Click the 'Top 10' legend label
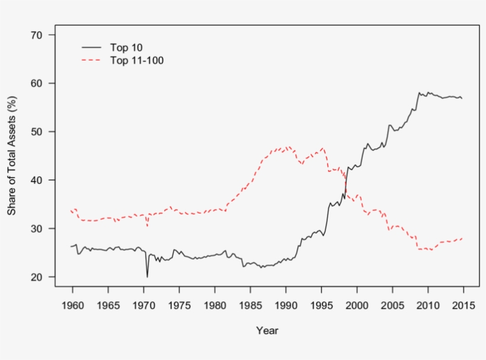(126, 47)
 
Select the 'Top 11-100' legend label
(136, 60)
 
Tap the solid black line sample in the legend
(92, 47)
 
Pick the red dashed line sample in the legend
(92, 60)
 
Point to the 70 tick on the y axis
(36, 35)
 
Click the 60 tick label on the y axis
(36, 84)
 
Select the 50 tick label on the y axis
(36, 132)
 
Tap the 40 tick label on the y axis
(36, 180)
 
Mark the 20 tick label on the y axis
(36, 277)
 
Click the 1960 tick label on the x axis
(72, 305)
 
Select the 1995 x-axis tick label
(321, 305)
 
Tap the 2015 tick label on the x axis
(463, 305)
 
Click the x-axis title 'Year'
(267, 330)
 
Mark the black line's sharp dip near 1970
(148, 276)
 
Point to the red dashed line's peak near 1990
(288, 146)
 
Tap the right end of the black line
(462, 98)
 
